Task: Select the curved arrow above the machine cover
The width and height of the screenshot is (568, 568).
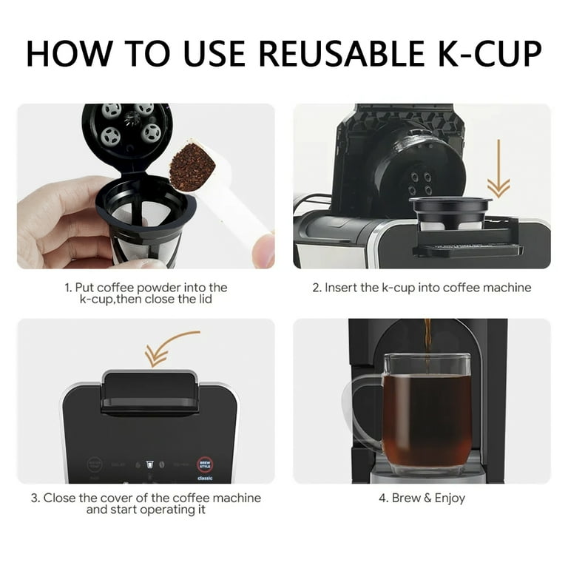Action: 171,348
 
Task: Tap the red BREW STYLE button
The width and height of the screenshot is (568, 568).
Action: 205,464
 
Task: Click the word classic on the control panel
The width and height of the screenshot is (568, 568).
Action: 205,479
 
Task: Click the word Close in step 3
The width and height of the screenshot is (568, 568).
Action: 58,498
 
